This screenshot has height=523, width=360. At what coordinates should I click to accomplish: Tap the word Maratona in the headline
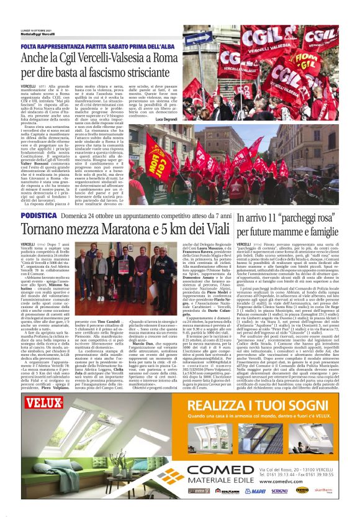(115, 229)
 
